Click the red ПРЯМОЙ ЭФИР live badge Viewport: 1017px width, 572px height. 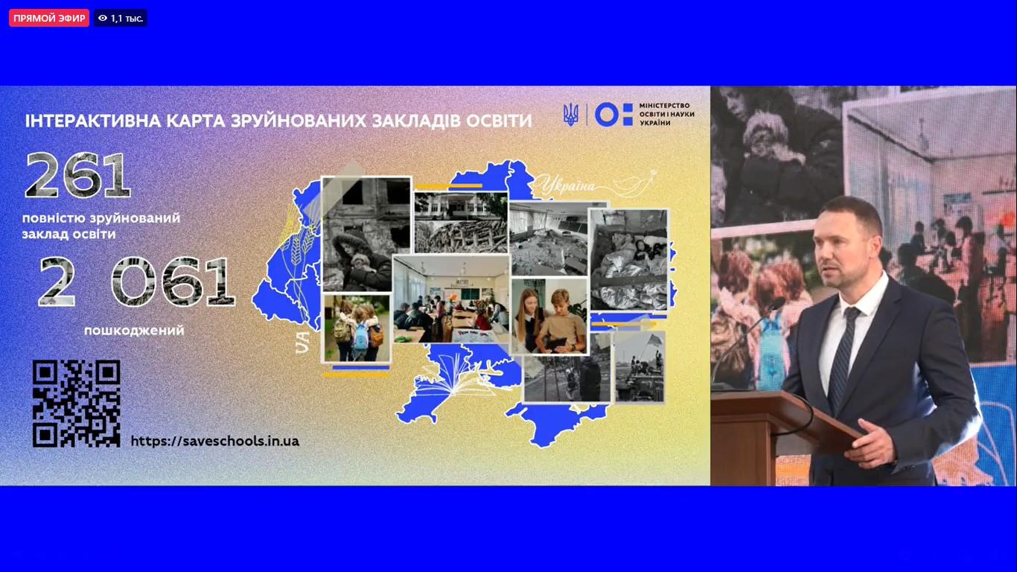click(x=49, y=18)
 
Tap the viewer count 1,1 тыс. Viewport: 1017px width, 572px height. click(x=121, y=18)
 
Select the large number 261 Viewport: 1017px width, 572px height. click(x=78, y=175)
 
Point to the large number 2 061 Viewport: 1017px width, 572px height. click(x=137, y=282)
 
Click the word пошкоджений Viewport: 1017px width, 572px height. click(x=135, y=330)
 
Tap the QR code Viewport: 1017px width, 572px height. click(x=76, y=404)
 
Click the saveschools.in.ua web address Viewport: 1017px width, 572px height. click(x=214, y=441)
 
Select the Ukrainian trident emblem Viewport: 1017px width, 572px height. click(x=571, y=115)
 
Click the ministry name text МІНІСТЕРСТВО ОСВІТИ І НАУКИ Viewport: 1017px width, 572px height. click(x=666, y=114)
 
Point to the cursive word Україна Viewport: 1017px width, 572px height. click(x=568, y=185)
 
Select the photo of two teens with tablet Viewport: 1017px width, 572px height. click(x=549, y=316)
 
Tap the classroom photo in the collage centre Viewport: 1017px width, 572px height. click(x=451, y=299)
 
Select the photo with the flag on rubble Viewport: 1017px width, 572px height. click(x=640, y=367)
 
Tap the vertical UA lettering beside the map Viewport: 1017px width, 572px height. click(x=302, y=342)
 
